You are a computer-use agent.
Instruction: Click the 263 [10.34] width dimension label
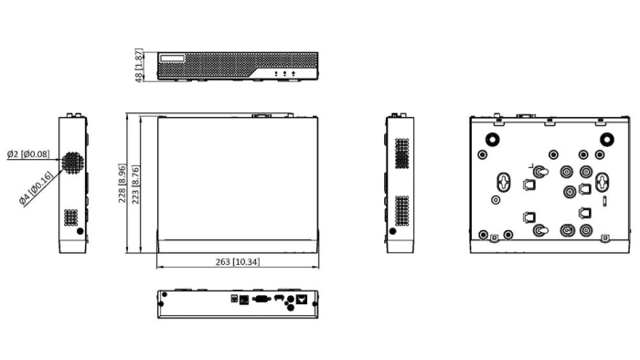237,261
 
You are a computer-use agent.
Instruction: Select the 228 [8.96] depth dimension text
122,183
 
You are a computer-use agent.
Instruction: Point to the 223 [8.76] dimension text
135,185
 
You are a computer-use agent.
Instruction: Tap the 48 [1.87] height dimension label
139,66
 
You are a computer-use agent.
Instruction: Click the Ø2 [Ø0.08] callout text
28,154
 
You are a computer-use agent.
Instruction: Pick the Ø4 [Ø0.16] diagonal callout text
37,188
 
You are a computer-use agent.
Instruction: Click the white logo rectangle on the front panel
172,58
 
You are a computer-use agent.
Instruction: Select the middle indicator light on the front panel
284,74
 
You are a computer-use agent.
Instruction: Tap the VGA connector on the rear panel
261,300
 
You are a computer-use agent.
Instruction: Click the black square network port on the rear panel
302,300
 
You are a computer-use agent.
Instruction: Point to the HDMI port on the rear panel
279,298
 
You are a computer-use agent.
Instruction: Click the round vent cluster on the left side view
72,163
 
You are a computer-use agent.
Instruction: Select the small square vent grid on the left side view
71,217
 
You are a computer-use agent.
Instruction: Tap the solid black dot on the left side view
80,231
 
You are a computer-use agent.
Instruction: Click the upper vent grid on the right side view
402,154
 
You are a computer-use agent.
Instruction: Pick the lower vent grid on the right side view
402,210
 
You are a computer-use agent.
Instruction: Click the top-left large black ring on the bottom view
493,140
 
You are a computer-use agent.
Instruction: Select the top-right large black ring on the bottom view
607,140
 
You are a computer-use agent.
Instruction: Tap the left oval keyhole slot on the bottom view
504,182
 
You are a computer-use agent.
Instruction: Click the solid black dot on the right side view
392,231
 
